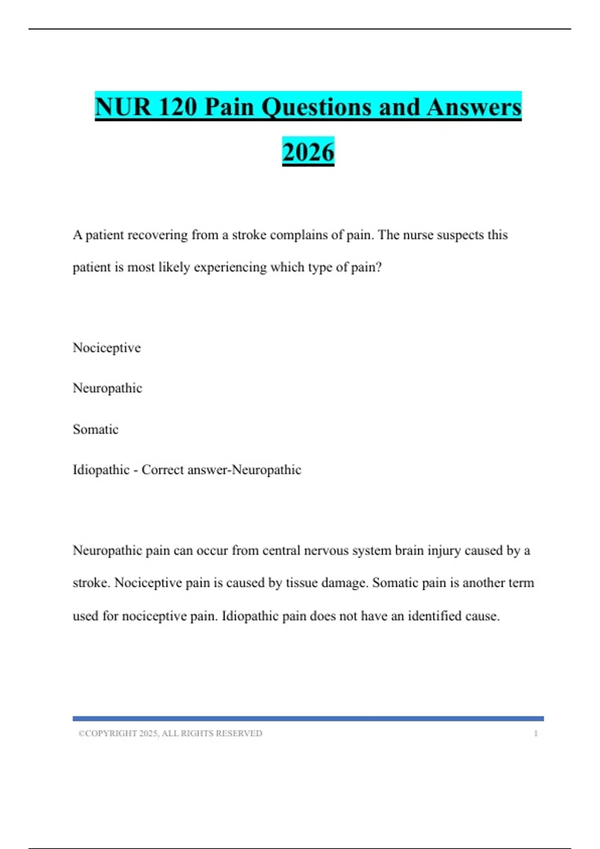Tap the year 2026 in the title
(x=308, y=152)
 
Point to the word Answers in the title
(x=474, y=107)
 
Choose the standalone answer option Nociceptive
(x=106, y=348)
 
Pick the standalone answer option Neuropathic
(x=107, y=388)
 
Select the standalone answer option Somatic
(x=95, y=429)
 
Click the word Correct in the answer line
(x=163, y=470)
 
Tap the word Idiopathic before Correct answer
(x=101, y=470)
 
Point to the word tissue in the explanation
(x=301, y=583)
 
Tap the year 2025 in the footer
(x=148, y=733)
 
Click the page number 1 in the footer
(x=535, y=733)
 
